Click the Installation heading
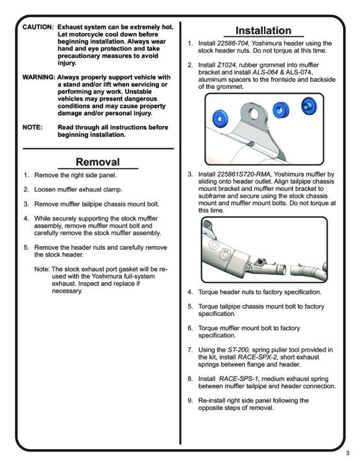pos(263,31)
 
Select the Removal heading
pos(98,162)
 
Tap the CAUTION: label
pos(38,27)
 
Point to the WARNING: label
pos(39,77)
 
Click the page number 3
pos(348,454)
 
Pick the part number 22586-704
pos(233,43)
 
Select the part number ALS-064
pos(265,72)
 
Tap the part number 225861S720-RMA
pos(244,175)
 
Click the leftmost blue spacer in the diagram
pos(221,118)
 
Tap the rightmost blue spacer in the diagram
pos(309,106)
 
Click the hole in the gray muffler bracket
pos(254,113)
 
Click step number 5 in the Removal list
pos(27,247)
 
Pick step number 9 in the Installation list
pos(190,400)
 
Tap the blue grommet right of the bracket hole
pos(281,110)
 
